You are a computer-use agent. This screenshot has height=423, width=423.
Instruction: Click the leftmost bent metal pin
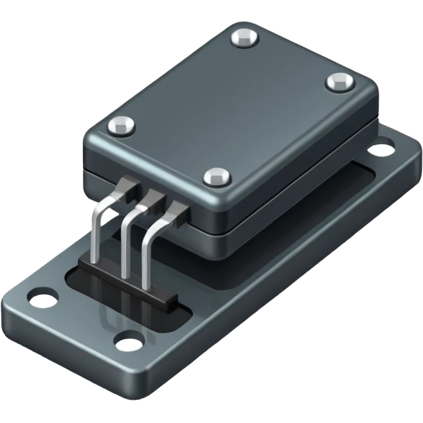(96, 231)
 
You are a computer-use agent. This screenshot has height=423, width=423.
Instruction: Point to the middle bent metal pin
(124, 238)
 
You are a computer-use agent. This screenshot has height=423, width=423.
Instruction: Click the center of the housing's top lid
(228, 106)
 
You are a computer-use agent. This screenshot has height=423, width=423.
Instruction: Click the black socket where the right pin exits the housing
(177, 207)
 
